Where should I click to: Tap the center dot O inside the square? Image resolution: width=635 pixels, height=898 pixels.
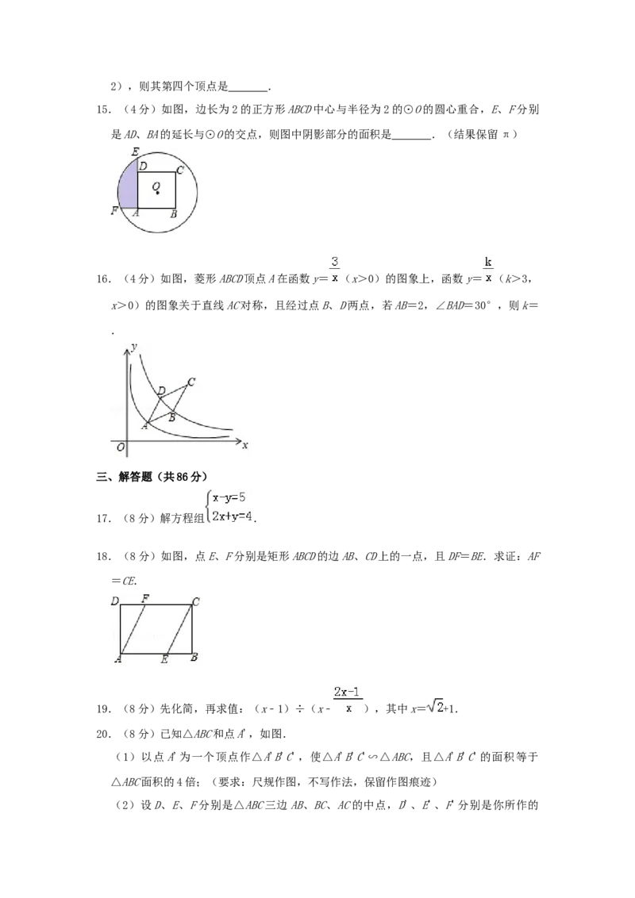(x=158, y=193)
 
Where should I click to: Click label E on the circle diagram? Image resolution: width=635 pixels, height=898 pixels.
(x=135, y=152)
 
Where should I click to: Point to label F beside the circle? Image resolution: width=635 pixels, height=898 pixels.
(x=115, y=212)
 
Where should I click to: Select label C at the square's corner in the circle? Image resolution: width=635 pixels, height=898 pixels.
(x=180, y=169)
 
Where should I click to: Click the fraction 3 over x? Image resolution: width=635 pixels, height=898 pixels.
(x=335, y=270)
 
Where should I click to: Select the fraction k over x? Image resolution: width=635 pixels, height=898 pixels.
(x=489, y=270)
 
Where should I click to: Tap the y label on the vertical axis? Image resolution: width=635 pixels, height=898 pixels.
(x=136, y=347)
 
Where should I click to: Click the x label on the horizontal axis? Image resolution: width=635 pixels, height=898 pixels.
(x=245, y=445)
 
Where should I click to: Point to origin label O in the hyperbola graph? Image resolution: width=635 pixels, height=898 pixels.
(x=120, y=448)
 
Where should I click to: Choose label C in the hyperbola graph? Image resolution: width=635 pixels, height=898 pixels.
(x=191, y=382)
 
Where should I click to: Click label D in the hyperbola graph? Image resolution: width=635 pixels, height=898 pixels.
(x=162, y=390)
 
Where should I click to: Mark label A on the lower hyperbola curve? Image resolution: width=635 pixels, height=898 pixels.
(x=144, y=427)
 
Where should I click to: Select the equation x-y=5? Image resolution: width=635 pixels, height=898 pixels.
(x=229, y=498)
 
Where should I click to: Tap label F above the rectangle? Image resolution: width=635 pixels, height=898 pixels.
(x=145, y=597)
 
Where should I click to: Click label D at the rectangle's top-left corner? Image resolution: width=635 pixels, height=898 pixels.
(x=115, y=601)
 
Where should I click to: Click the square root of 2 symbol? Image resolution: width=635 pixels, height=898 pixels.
(x=435, y=707)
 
